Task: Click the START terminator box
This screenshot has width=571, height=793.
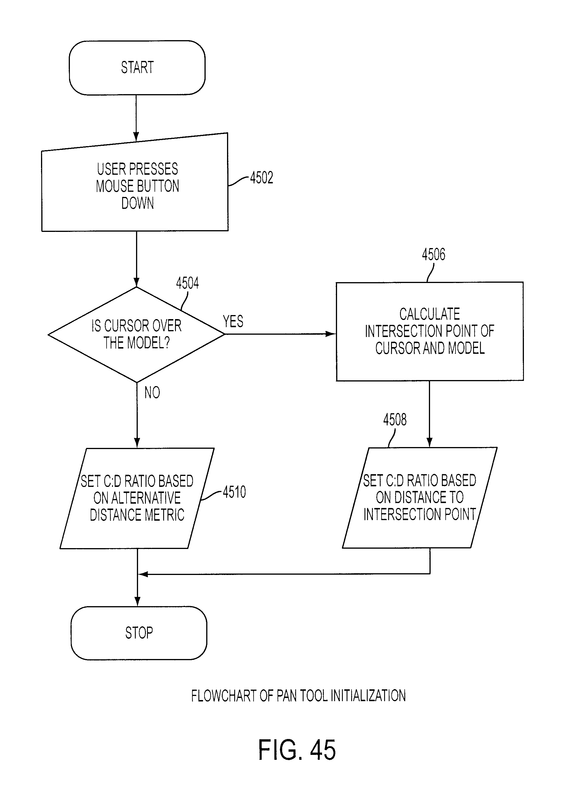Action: (137, 68)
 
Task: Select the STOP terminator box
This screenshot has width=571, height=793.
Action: (139, 633)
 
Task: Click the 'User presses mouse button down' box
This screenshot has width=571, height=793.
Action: (135, 183)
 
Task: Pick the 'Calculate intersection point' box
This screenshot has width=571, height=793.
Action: (430, 331)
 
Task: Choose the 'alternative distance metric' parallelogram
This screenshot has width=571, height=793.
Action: (137, 498)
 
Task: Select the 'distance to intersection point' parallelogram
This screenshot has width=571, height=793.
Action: (420, 497)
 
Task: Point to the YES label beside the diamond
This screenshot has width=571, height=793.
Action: (233, 321)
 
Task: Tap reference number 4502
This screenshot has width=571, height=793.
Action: (262, 178)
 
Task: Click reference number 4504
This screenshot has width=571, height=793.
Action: (187, 283)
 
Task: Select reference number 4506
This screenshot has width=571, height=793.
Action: (434, 254)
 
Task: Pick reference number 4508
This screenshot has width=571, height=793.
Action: (395, 420)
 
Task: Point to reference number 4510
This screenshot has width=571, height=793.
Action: (234, 492)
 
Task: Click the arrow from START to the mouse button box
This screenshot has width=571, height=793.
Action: (136, 118)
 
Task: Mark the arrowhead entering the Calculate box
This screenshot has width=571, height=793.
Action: (330, 334)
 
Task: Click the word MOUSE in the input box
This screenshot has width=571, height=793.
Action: (112, 186)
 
